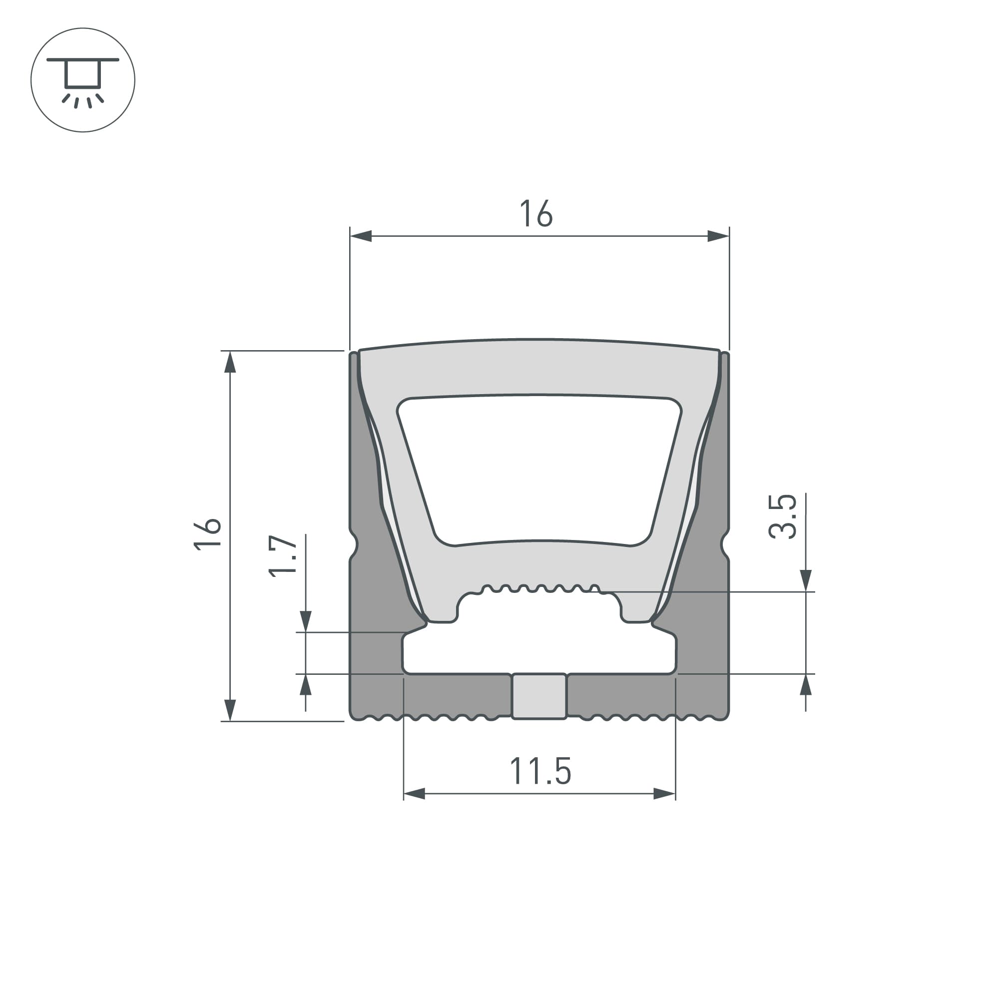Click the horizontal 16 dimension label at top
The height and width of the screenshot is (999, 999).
click(535, 214)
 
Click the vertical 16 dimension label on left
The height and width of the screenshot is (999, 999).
click(208, 534)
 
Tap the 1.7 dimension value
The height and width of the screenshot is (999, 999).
click(283, 556)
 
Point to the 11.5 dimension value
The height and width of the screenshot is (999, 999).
click(540, 772)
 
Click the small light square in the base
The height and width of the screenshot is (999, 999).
click(539, 696)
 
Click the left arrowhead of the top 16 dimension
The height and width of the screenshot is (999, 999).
click(361, 236)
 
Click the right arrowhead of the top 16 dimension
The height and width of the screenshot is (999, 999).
click(718, 236)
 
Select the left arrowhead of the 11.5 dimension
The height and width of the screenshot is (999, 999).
click(414, 794)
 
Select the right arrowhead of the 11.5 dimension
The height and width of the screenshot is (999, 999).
click(664, 794)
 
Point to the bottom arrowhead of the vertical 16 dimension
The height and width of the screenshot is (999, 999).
click(230, 710)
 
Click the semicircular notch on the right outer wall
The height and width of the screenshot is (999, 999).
click(724, 544)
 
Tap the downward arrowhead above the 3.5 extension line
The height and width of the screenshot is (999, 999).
click(806, 580)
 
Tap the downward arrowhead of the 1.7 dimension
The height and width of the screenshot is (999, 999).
click(306, 621)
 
